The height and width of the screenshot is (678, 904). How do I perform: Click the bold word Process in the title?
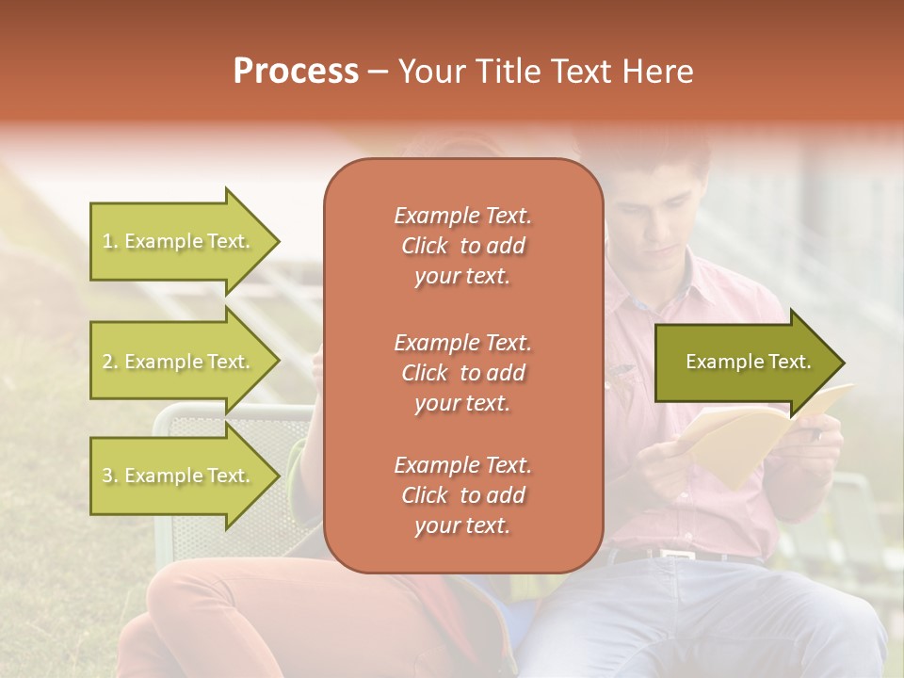click(x=296, y=71)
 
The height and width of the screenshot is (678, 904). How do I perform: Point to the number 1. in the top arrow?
click(x=110, y=241)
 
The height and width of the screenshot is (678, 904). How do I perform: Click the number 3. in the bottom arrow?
click(x=110, y=476)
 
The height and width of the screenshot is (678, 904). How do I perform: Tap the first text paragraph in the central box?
click(x=462, y=246)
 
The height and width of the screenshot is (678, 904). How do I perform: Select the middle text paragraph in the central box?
click(x=462, y=373)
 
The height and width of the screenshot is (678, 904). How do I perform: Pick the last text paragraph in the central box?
click(x=462, y=495)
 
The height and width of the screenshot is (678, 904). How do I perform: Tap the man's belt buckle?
click(x=675, y=554)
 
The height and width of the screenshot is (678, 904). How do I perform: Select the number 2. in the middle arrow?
click(x=110, y=362)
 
